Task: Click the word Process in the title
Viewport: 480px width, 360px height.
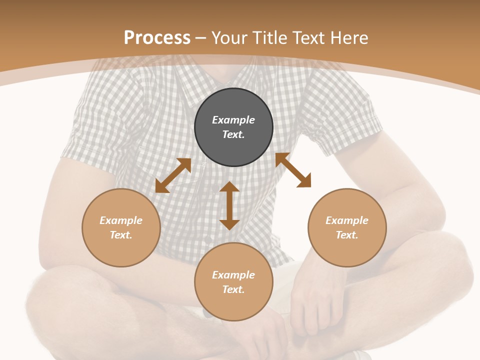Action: click(x=157, y=38)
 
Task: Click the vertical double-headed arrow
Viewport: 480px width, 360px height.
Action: click(x=229, y=205)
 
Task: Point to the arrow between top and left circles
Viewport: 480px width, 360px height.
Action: click(x=173, y=175)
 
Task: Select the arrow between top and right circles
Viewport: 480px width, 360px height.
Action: click(x=293, y=170)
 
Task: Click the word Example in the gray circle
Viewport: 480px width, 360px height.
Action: click(x=233, y=120)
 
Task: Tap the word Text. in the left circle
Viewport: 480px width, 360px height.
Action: click(x=121, y=235)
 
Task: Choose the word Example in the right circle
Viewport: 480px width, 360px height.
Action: click(x=347, y=220)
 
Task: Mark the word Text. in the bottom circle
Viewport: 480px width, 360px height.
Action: click(x=233, y=289)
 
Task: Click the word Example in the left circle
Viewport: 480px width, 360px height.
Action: click(x=121, y=220)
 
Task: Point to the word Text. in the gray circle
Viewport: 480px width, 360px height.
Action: click(x=233, y=134)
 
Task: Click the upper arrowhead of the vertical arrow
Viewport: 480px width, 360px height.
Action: click(x=229, y=187)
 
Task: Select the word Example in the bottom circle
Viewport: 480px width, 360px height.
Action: click(x=233, y=275)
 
